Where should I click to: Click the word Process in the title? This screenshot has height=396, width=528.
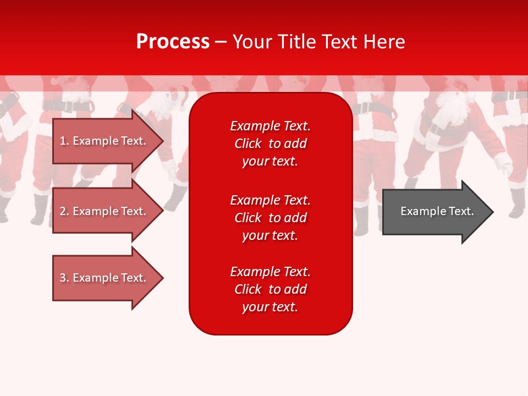[173, 42]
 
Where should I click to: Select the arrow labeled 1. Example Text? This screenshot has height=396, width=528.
[105, 141]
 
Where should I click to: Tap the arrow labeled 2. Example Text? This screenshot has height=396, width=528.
[105, 211]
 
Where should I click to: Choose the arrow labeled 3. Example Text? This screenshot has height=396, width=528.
[105, 278]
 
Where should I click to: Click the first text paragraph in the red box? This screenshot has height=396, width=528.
[270, 144]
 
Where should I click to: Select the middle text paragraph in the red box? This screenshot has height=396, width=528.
[270, 217]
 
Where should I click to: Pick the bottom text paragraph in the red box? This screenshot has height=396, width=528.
[270, 289]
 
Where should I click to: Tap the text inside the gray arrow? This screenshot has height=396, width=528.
[437, 211]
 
